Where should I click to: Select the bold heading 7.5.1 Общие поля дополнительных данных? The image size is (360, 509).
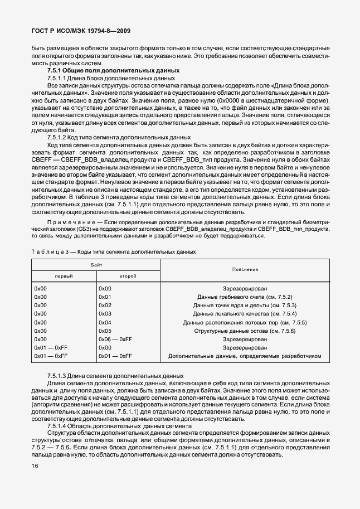click(113, 71)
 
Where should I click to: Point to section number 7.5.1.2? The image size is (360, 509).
click(57, 137)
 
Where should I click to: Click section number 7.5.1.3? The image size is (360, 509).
click(57, 376)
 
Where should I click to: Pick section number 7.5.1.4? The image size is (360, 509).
click(57, 425)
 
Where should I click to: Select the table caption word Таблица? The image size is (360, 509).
click(46, 252)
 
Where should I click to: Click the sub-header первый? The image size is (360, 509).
click(64, 276)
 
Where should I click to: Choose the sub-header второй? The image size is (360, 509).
click(128, 276)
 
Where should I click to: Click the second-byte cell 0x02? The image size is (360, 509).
click(105, 306)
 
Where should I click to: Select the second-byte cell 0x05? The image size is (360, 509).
click(105, 331)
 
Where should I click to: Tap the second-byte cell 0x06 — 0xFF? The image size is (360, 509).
click(115, 339)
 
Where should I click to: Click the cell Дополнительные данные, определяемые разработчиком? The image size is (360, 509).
click(245, 356)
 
